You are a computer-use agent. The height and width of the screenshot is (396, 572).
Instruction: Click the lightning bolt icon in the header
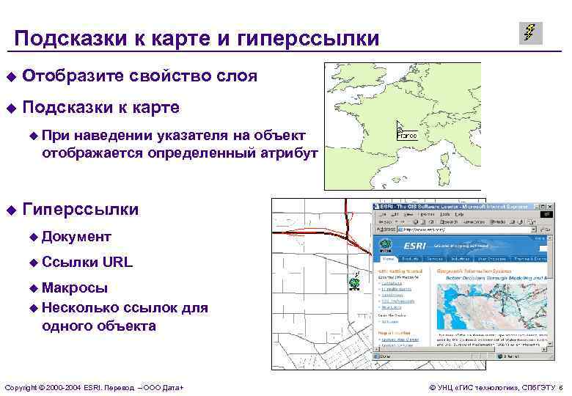[530, 33]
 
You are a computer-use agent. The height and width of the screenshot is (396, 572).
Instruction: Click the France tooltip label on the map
[407, 136]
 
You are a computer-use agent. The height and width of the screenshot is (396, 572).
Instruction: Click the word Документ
[76, 236]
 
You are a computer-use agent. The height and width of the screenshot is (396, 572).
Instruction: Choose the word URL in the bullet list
[117, 261]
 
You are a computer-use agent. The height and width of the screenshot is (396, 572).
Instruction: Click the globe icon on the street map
[354, 282]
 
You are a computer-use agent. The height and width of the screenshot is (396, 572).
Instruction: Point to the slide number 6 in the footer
[560, 386]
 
